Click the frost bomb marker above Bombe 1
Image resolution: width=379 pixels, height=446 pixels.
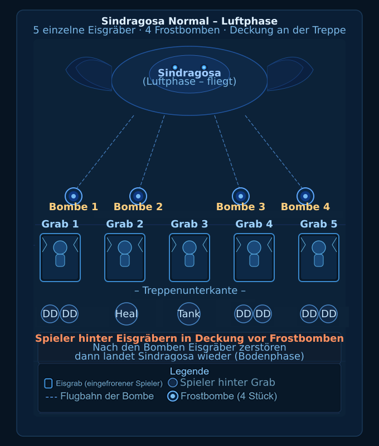point(74,196)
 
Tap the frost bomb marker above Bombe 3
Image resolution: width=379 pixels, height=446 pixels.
point(241,196)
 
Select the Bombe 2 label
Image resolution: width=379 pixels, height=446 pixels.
point(138,207)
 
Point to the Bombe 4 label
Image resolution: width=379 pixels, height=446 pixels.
point(305,207)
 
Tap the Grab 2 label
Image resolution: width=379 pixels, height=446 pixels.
point(125,224)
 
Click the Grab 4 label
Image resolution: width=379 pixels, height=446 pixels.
point(254,224)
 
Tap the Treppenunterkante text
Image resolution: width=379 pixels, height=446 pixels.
point(189,290)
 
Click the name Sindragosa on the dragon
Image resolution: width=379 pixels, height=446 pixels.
point(189,73)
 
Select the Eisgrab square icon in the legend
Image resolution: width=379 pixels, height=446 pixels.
point(48,384)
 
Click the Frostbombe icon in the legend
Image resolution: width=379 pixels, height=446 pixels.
point(173,396)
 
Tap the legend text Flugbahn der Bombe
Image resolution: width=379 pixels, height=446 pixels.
point(107,396)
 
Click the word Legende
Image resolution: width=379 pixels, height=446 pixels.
point(189,371)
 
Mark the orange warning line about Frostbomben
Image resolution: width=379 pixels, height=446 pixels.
point(189,338)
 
